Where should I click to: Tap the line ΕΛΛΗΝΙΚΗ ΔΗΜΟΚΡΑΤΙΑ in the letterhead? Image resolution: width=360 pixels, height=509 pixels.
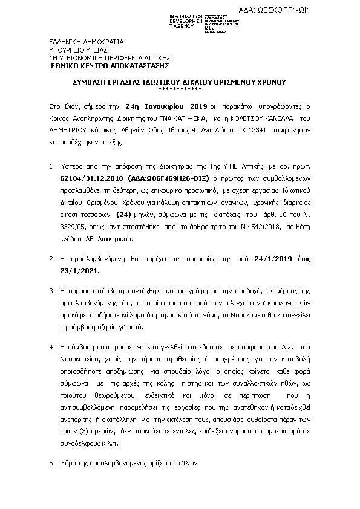(x=87, y=42)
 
